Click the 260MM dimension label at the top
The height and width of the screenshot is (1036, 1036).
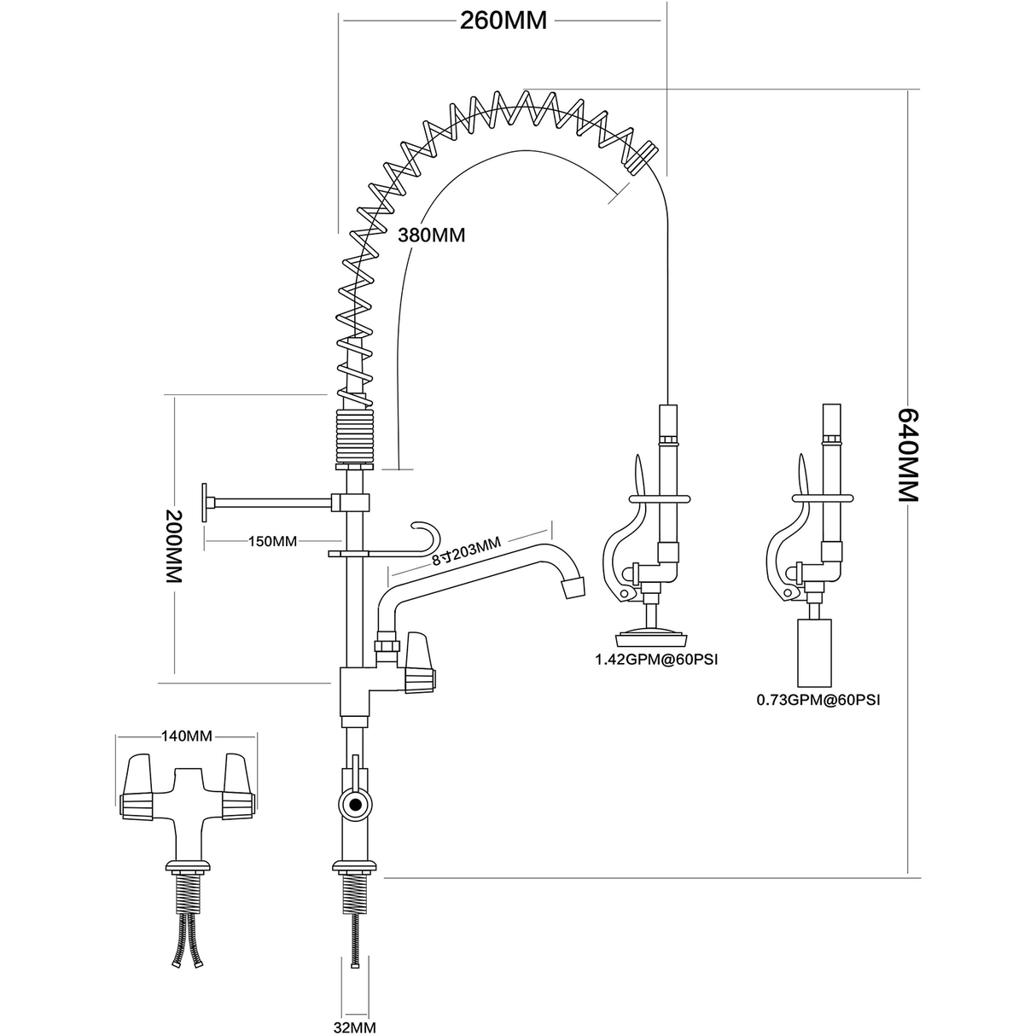coord(503,20)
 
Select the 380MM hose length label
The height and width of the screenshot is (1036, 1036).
coord(432,235)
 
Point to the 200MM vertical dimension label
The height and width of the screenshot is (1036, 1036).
coord(174,546)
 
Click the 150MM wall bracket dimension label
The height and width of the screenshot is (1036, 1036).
coord(272,541)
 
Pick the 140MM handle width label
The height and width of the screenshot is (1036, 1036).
coord(186,736)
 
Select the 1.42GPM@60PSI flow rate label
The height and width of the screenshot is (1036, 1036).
coord(653,659)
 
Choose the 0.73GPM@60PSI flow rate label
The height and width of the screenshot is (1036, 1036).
coord(818,700)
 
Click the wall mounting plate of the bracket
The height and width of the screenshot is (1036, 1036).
coord(206,503)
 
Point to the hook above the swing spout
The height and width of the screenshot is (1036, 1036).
coord(427,535)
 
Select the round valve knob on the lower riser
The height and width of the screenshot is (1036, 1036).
coord(353,803)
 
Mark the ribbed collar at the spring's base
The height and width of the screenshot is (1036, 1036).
coord(354,435)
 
